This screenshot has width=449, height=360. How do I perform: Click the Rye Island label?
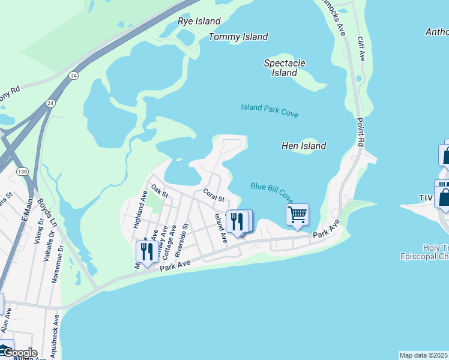[x=199, y=21]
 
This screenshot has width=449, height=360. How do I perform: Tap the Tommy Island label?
[x=238, y=37]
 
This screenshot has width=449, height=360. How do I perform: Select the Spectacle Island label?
[x=285, y=68]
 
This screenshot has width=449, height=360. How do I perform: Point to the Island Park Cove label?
[x=270, y=110]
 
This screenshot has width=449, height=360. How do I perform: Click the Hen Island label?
[x=304, y=146]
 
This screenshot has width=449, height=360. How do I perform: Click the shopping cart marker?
[x=298, y=215]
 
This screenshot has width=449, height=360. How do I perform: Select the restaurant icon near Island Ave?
[x=238, y=221]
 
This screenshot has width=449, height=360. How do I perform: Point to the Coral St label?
[x=213, y=195]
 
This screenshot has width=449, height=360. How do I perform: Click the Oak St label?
[x=159, y=191]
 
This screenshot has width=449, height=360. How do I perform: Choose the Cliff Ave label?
[x=361, y=49]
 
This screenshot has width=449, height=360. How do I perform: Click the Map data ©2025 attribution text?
[x=423, y=355]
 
